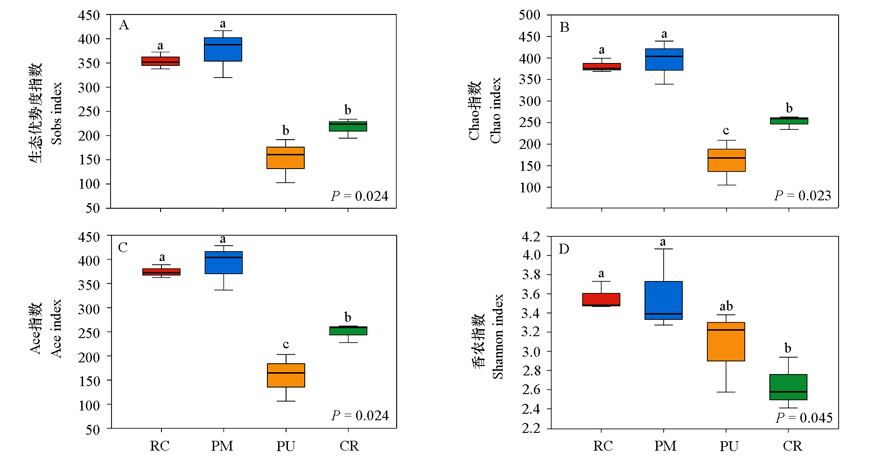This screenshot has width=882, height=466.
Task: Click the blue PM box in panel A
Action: (223, 49)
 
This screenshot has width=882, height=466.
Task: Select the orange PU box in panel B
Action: (726, 160)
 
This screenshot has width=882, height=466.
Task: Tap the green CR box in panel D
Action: (788, 387)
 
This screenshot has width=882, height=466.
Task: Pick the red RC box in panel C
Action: (161, 272)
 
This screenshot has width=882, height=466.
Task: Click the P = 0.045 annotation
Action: (804, 417)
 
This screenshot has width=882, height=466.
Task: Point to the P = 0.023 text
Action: (803, 196)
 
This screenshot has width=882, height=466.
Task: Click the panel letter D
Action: (564, 249)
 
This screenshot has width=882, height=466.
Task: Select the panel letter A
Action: (124, 25)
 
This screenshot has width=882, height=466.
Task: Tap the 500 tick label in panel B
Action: (530, 15)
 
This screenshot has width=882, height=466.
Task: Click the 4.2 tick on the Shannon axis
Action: (531, 237)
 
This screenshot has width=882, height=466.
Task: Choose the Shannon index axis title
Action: (498, 336)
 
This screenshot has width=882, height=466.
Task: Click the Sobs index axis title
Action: (56, 113)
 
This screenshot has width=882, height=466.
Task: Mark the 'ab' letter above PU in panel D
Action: (726, 306)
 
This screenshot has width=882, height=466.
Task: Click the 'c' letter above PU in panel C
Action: (286, 345)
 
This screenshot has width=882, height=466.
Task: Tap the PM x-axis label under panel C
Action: (222, 446)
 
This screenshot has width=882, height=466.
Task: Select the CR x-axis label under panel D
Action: (792, 446)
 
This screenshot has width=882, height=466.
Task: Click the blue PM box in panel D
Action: (664, 300)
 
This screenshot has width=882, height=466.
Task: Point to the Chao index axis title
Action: (495, 110)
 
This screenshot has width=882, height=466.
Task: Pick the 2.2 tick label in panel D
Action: (531, 428)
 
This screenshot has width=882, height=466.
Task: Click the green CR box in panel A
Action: (348, 127)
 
